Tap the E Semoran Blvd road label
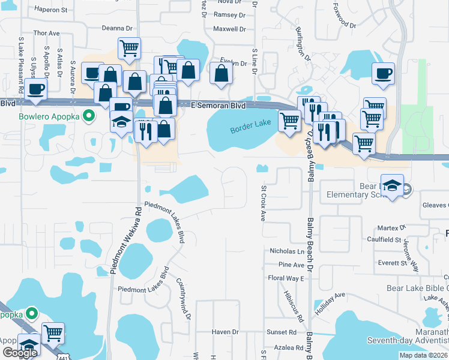[x=218, y=105]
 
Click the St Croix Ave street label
[x=263, y=203]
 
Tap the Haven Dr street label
[x=226, y=332]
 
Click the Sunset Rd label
[x=282, y=332]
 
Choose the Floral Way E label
[x=286, y=278]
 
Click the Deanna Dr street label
[x=117, y=28]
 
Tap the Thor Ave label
[x=47, y=33]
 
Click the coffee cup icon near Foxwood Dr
[x=383, y=74]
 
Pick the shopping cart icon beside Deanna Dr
[x=129, y=48]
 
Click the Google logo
[x=20, y=353]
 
